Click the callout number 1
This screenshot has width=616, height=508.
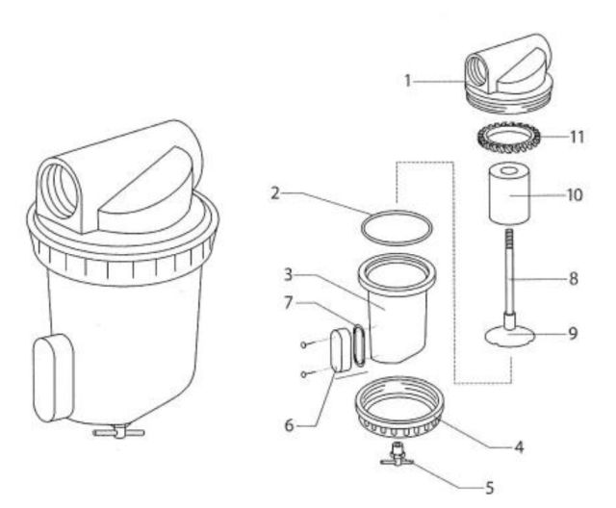407,81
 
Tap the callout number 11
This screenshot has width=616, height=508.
577,137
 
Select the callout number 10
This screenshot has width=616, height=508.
575,194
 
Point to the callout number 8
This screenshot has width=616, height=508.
574,279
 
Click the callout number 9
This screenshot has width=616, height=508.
574,333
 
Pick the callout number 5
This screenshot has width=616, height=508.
489,488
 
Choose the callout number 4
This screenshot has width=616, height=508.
519,446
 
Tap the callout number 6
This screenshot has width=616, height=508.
289,425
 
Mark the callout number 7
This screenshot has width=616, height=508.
289,303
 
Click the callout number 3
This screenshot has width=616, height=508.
289,275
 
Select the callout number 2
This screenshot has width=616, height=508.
275,193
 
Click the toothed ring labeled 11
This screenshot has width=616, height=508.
509,138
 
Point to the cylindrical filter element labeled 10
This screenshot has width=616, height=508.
509,194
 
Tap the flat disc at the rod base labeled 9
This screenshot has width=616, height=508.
510,336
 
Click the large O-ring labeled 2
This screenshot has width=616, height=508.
397,228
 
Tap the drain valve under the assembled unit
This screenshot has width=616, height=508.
118,431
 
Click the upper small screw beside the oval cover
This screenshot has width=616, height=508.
303,344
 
